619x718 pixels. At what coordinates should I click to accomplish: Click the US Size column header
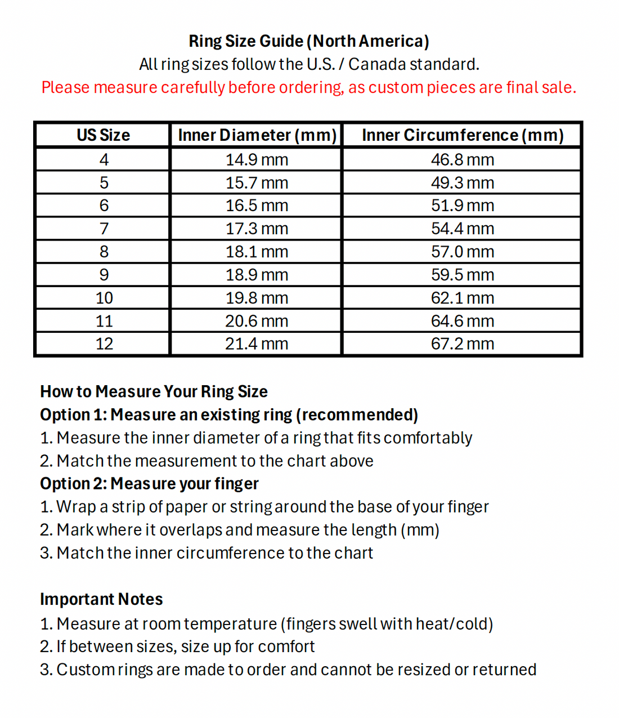pyautogui.click(x=104, y=135)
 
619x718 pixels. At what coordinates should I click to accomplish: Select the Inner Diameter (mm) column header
pyautogui.click(x=257, y=135)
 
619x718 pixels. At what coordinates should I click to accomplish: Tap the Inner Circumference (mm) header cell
pyautogui.click(x=463, y=135)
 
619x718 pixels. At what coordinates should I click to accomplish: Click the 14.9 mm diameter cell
pyautogui.click(x=257, y=160)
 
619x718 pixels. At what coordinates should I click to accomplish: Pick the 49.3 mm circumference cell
pyautogui.click(x=463, y=183)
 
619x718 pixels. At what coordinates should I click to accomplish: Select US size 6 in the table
pyautogui.click(x=104, y=206)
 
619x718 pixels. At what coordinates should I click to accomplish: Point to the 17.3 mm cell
pyautogui.click(x=257, y=229)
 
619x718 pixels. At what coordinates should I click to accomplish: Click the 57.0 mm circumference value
pyautogui.click(x=463, y=252)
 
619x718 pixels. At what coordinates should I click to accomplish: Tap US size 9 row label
pyautogui.click(x=104, y=275)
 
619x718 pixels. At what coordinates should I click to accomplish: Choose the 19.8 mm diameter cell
pyautogui.click(x=257, y=298)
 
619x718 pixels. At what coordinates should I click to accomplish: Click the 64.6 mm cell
pyautogui.click(x=463, y=321)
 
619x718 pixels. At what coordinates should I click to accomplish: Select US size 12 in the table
pyautogui.click(x=104, y=344)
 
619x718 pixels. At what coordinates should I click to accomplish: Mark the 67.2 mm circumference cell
pyautogui.click(x=463, y=344)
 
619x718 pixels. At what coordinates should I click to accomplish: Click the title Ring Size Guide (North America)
pyautogui.click(x=309, y=41)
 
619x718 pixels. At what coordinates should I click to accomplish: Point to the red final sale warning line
pyautogui.click(x=309, y=87)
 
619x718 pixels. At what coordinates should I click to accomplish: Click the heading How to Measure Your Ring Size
pyautogui.click(x=154, y=391)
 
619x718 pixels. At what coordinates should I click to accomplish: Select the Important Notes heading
pyautogui.click(x=101, y=599)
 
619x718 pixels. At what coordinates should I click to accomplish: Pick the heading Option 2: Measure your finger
pyautogui.click(x=149, y=484)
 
